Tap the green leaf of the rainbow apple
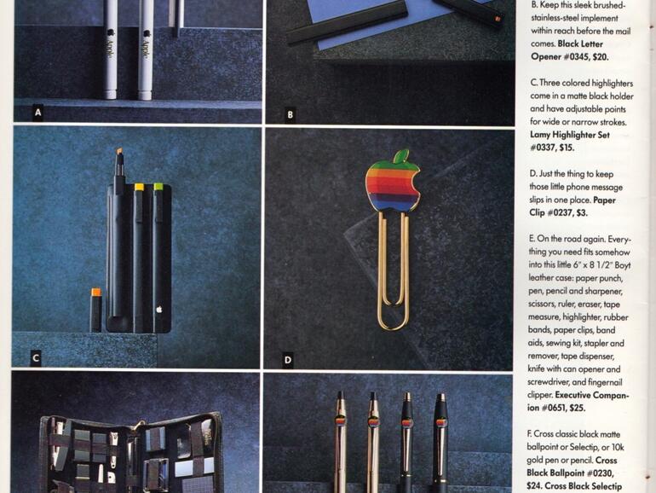coord(400,155)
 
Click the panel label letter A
coord(38,113)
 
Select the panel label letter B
coord(290,114)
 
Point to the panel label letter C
coord(36,357)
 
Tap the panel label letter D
coord(287,360)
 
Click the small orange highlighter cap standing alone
coord(96,293)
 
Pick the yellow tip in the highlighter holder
coord(140,187)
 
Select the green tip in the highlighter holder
coord(158,187)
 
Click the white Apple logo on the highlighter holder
coord(159,310)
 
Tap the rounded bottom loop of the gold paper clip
coord(393,322)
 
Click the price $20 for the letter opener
coord(601,56)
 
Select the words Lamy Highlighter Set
coord(570,135)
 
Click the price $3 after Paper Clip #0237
coord(582,212)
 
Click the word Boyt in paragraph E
coord(623,265)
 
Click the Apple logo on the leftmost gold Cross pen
coord(341,420)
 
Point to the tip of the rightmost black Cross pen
coord(441,395)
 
